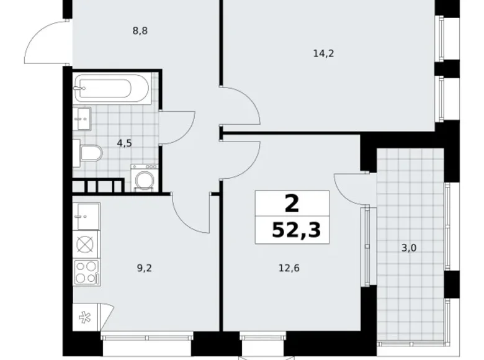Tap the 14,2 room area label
(323, 53)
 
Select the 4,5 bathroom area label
(124, 142)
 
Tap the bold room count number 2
(292, 202)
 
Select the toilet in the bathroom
(88, 153)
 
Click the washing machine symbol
(145, 179)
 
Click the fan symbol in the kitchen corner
(84, 317)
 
